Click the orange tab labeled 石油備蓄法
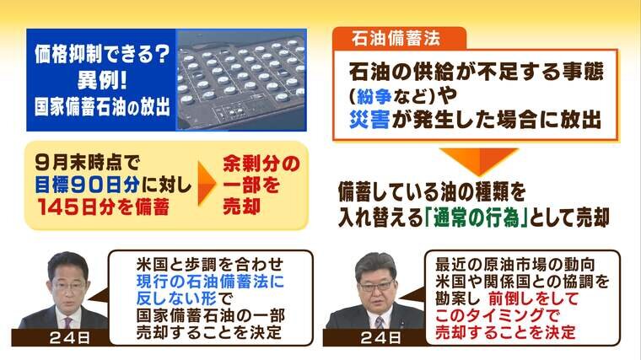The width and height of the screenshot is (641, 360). coord(399,39)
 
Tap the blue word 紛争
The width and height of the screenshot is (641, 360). coord(374,96)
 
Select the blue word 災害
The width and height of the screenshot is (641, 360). coord(369,120)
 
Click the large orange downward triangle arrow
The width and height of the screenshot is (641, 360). coord(479,160)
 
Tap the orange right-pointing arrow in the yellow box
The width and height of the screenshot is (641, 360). coord(207,184)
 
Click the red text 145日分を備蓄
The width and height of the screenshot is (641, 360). coord(104,207)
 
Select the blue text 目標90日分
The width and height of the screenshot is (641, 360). coord(87,185)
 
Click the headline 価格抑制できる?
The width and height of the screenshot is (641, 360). coord(102,54)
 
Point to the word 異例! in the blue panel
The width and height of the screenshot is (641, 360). coord(102,80)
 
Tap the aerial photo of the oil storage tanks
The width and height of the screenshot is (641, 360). coord(241,80)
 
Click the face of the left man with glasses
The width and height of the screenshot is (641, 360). coord(68,283)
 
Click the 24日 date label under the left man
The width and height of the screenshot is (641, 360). coord(69,338)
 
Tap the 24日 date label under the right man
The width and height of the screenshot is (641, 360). coord(380,338)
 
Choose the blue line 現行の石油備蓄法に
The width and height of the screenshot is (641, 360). coord(210,282)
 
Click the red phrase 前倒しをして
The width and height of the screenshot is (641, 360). coord(534,298)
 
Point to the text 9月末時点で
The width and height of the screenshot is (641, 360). coord(88,163)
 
